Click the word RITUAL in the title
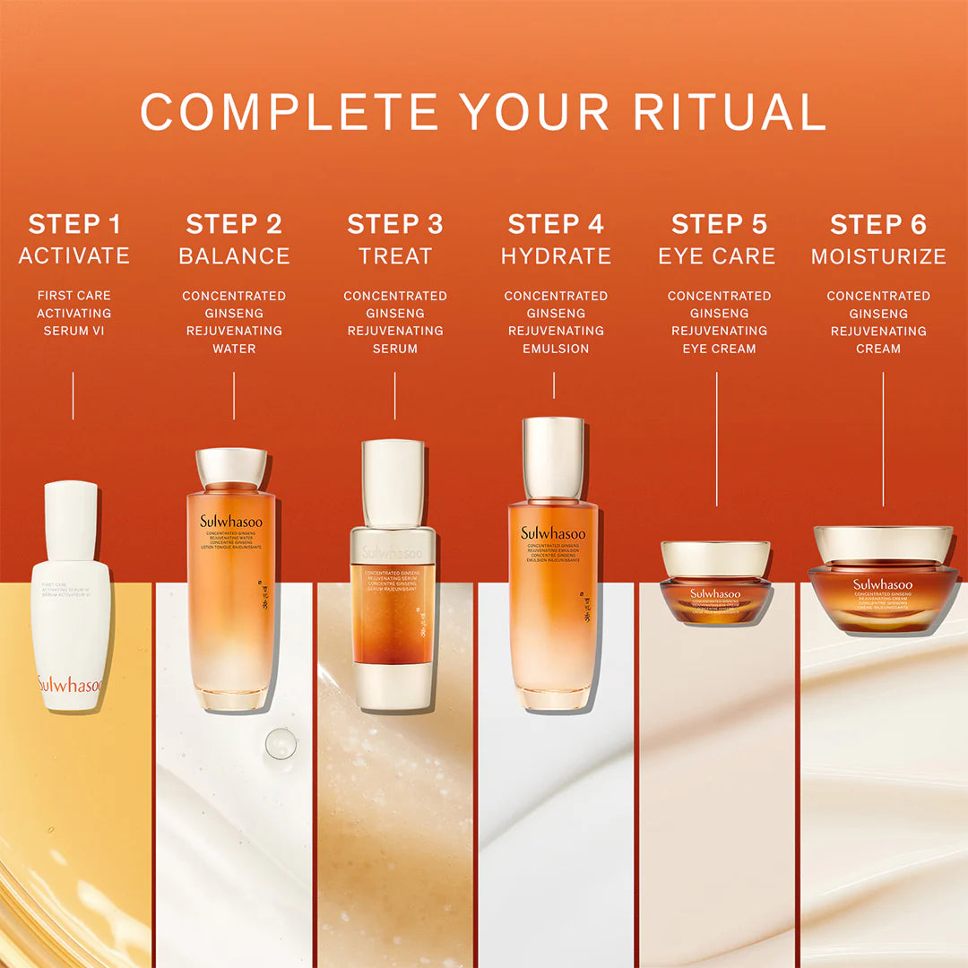(729, 112)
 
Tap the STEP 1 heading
(74, 224)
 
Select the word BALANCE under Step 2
(234, 256)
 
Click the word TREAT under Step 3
(395, 256)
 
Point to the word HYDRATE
(556, 256)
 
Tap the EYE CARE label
(717, 256)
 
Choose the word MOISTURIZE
(878, 256)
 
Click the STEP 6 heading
(878, 224)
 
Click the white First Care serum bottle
(71, 618)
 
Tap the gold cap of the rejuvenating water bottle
(231, 468)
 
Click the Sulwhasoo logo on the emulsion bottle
(553, 533)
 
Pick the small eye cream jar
(715, 583)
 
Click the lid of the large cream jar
(883, 543)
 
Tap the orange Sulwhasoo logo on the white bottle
(70, 686)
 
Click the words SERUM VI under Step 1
(73, 331)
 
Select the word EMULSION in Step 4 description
(556, 349)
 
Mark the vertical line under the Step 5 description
(716, 439)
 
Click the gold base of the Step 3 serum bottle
(393, 686)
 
